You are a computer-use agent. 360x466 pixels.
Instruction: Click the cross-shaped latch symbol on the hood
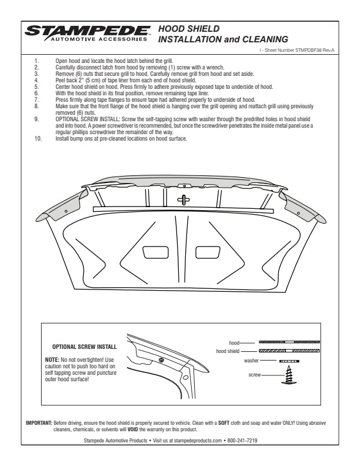(183, 199)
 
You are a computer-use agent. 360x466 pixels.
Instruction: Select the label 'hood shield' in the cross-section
(228, 351)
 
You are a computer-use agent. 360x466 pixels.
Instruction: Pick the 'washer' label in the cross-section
(251, 360)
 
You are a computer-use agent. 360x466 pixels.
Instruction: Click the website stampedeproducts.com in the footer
(196, 440)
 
